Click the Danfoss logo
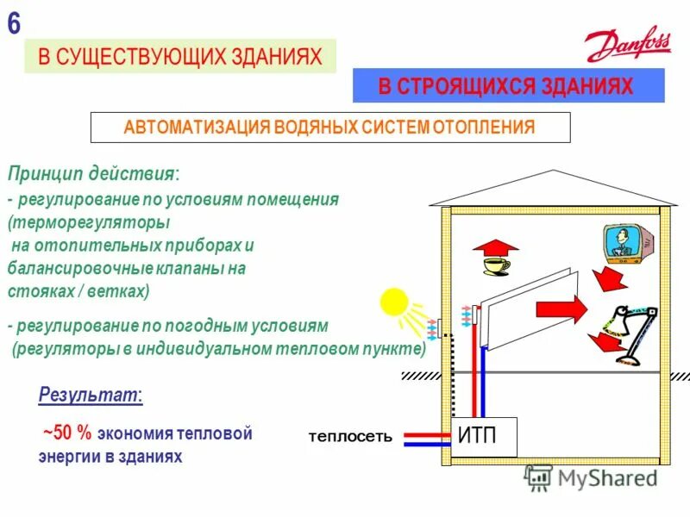[x=627, y=43]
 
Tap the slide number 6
[x=14, y=23]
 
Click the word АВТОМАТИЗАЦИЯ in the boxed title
[x=197, y=128]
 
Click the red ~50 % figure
[x=66, y=433]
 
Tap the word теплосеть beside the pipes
[x=350, y=438]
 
